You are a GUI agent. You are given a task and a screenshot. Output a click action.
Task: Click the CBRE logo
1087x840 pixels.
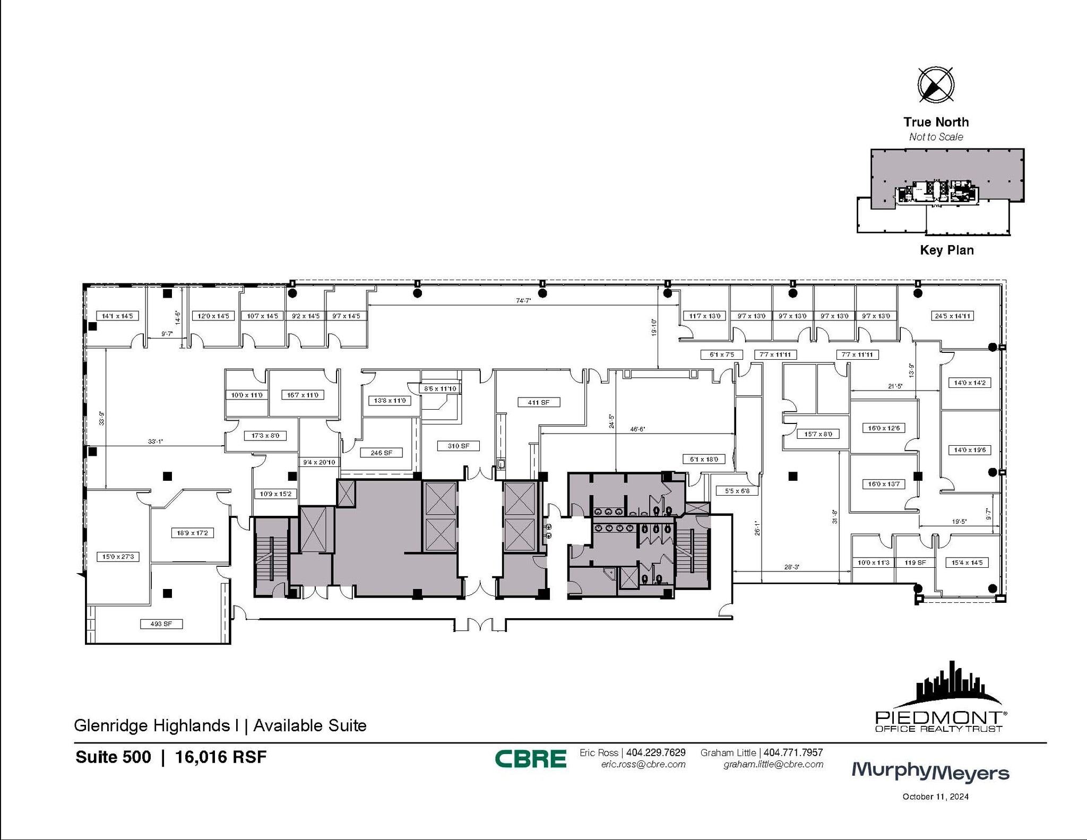click(530, 758)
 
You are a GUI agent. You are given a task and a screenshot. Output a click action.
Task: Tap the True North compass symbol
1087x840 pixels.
click(936, 84)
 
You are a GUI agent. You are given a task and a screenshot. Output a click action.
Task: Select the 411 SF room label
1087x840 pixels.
click(538, 402)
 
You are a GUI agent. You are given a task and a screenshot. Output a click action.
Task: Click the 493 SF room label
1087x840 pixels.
click(161, 623)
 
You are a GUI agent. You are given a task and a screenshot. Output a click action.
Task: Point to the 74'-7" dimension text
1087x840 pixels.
click(523, 300)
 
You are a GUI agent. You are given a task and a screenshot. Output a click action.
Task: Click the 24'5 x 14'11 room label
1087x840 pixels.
click(952, 316)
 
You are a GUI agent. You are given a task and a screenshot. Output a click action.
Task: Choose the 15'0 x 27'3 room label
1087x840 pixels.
click(118, 557)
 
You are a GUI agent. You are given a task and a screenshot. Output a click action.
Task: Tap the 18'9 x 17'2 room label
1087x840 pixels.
click(192, 533)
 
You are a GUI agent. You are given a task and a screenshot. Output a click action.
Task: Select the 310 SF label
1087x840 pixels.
click(458, 446)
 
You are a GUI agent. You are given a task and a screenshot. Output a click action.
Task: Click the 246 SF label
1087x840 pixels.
click(381, 453)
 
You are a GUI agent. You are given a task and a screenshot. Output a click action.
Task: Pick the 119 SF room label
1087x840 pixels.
click(915, 562)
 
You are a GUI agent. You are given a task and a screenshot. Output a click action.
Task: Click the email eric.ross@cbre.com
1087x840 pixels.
click(643, 765)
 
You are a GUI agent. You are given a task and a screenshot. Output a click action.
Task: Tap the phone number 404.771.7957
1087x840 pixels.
click(793, 752)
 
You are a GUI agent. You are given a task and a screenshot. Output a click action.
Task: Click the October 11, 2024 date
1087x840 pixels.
click(935, 796)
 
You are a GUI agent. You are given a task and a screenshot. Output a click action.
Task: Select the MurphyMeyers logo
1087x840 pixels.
click(930, 772)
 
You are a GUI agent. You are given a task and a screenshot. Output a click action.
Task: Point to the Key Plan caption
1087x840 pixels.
click(946, 250)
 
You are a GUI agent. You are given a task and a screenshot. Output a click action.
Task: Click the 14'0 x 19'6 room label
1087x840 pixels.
click(969, 450)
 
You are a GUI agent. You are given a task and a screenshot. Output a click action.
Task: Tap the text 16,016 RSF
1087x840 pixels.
click(221, 757)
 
